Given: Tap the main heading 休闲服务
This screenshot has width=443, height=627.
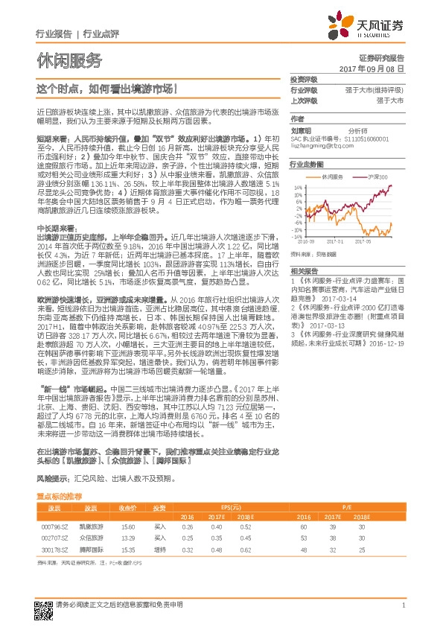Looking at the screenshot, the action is (x=68, y=60).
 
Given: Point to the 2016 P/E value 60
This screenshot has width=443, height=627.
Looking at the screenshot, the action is (x=304, y=526).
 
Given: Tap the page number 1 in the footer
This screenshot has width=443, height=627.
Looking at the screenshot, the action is (x=403, y=605).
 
